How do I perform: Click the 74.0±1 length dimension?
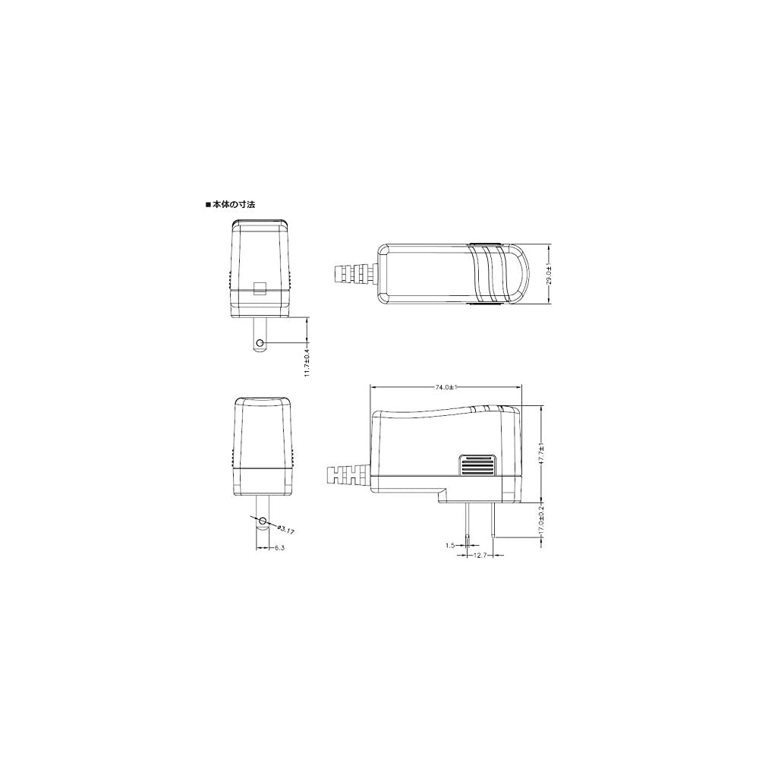tap(446, 387)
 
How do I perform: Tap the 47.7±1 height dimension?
tap(541, 455)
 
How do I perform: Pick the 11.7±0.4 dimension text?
tap(307, 359)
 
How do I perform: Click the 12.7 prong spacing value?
tap(478, 556)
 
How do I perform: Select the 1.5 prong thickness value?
tap(451, 544)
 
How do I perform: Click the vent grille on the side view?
tap(477, 465)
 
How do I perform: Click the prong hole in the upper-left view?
tap(260, 343)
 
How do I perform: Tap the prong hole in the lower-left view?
tap(262, 521)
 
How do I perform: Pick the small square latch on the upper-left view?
tap(260, 288)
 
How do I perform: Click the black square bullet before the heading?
tap(207, 205)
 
